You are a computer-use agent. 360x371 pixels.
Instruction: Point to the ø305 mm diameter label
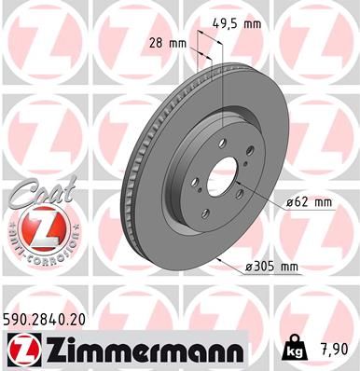click(271, 267)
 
